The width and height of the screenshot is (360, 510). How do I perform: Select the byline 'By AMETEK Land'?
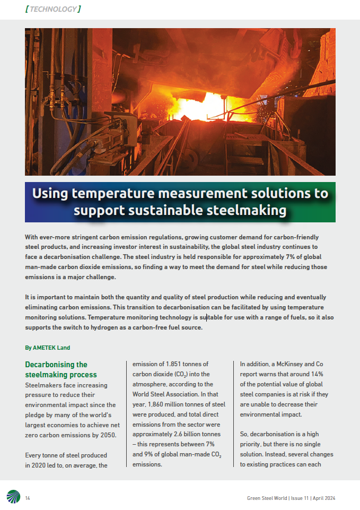tap(48, 348)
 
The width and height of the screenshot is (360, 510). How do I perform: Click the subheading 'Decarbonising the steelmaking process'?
tap(60, 369)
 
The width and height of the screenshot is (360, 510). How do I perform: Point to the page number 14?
tap(28, 498)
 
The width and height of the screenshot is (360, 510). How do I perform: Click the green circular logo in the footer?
tap(13, 497)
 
